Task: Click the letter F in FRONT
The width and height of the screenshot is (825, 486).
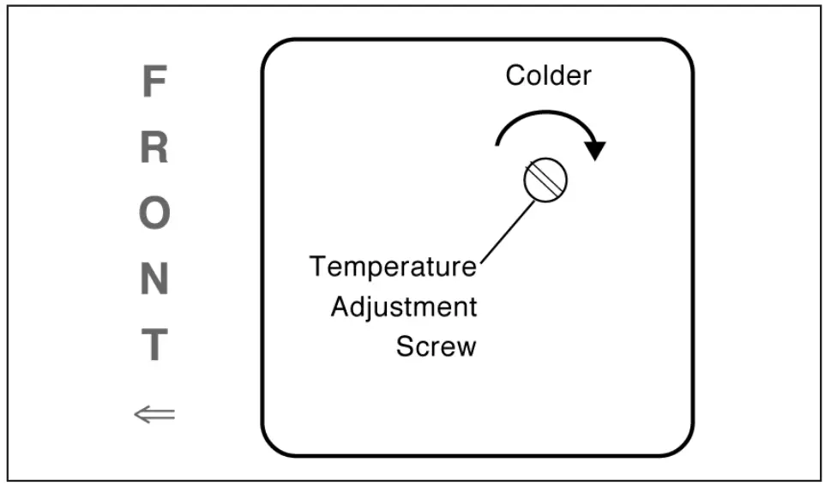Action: [153, 83]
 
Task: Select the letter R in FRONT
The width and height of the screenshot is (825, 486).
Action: [154, 148]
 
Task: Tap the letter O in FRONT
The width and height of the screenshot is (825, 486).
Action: [154, 213]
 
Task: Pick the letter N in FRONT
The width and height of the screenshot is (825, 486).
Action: [154, 279]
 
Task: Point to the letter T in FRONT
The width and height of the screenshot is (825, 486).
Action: [154, 345]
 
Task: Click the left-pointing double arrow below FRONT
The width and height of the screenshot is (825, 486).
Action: [154, 415]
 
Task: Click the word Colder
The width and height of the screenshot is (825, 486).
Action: [548, 75]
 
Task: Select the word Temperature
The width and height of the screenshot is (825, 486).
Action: [394, 267]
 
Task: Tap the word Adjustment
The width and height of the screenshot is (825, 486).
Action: [403, 306]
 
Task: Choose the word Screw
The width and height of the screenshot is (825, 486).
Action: [436, 346]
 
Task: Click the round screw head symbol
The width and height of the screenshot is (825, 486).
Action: [545, 180]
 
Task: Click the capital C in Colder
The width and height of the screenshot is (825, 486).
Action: [515, 75]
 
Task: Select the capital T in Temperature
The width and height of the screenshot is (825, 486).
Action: [318, 267]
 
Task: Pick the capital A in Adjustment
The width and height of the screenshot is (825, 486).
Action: [340, 306]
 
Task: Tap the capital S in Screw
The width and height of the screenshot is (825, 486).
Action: [405, 346]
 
